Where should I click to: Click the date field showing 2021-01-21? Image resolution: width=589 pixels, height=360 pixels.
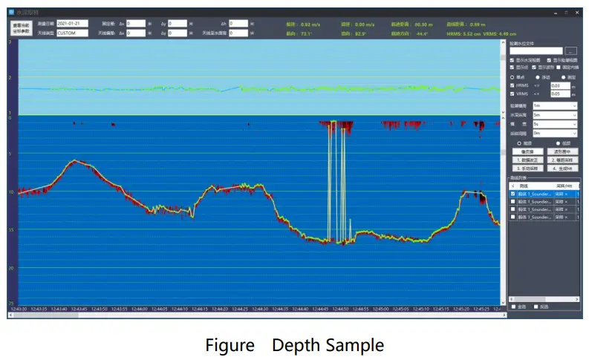click(72, 24)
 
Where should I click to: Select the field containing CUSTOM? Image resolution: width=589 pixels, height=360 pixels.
click(72, 33)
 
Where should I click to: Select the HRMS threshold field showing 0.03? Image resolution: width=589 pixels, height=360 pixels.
click(559, 85)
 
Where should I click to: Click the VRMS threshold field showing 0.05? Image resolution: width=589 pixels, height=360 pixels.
click(559, 94)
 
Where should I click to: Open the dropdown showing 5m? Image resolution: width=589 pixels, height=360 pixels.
click(554, 115)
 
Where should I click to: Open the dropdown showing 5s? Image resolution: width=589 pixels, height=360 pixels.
click(554, 124)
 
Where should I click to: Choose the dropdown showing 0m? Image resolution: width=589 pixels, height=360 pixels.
click(554, 133)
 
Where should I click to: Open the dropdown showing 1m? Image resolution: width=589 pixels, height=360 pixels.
click(554, 105)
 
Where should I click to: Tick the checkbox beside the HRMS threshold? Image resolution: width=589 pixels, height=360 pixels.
click(512, 85)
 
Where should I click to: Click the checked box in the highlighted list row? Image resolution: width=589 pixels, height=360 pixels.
click(512, 193)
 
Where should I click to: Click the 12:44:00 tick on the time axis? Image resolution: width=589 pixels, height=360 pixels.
click(160, 308)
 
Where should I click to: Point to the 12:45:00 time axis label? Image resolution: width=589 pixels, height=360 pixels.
click(380, 308)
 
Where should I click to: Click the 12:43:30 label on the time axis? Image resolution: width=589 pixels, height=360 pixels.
click(18, 308)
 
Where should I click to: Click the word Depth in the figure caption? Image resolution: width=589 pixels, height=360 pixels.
click(294, 345)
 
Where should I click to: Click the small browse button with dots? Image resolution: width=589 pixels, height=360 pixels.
click(570, 50)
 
